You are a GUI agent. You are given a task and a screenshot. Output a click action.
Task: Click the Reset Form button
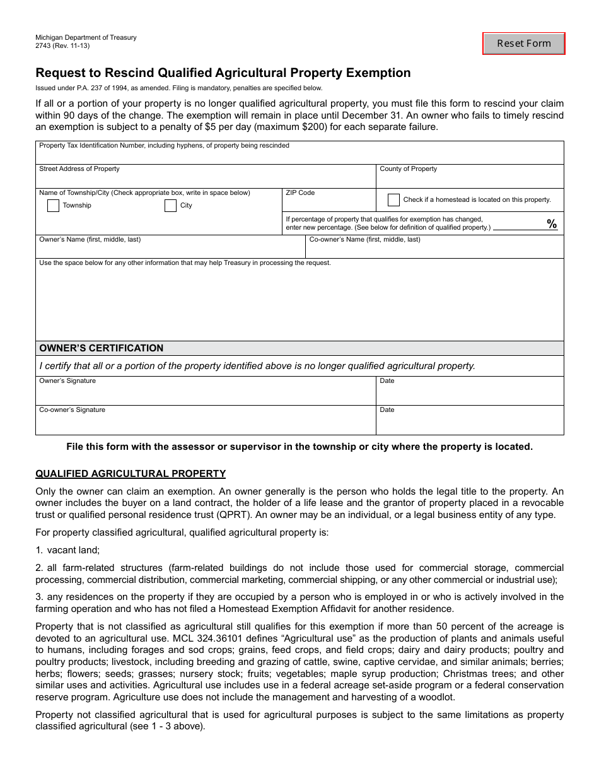point(523,44)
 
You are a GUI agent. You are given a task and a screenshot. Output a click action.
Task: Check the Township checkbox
point(54,206)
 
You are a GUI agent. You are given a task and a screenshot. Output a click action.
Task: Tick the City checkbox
point(170,206)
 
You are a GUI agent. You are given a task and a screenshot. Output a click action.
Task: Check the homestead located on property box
point(393,200)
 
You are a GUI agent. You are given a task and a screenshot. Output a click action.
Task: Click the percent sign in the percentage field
point(552,225)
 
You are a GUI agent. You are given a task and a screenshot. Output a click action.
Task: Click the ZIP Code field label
point(300,193)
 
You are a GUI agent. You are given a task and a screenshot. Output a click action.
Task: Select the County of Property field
point(470,179)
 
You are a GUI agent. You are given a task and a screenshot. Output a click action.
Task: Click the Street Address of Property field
point(205,179)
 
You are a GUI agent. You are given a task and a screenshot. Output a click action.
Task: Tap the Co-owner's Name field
point(434,250)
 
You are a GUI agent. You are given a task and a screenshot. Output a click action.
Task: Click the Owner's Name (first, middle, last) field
point(170,250)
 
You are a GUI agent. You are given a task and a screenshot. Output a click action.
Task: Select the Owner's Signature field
point(205,394)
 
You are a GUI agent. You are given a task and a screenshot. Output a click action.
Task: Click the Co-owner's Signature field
point(205,423)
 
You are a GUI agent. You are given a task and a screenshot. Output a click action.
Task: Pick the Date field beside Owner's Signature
point(470,394)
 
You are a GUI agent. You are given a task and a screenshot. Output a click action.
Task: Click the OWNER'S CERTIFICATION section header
point(102,348)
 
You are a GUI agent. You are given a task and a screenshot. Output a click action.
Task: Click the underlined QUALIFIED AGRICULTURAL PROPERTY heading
point(131,474)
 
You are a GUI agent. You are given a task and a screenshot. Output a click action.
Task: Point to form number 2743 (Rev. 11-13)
point(62,45)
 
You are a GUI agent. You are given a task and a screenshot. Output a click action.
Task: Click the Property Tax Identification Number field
point(299,156)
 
